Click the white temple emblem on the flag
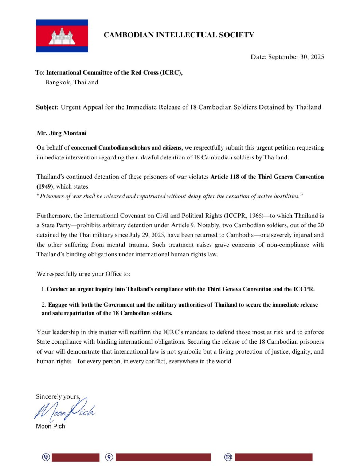pyautogui.click(x=62, y=36)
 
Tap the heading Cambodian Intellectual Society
pyautogui.click(x=179, y=35)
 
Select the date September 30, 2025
pyautogui.click(x=296, y=57)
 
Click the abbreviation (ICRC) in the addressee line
pyautogui.click(x=171, y=72)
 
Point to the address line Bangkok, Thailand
pyautogui.click(x=71, y=82)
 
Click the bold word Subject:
pyautogui.click(x=47, y=107)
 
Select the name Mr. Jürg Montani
pyautogui.click(x=62, y=133)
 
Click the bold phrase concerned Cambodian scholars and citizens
pyautogui.click(x=126, y=147)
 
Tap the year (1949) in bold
pyautogui.click(x=45, y=186)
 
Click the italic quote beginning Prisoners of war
pyautogui.click(x=169, y=196)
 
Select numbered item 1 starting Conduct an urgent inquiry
pyautogui.click(x=180, y=289)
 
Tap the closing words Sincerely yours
pyautogui.click(x=58, y=396)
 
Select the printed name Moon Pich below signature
pyautogui.click(x=50, y=426)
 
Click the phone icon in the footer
pyautogui.click(x=46, y=457)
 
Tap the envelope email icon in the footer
pyautogui.click(x=228, y=457)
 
